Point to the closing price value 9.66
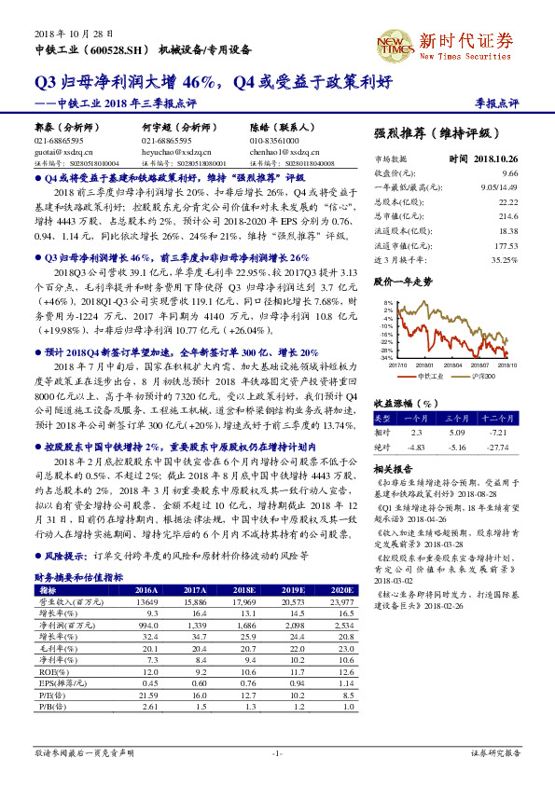pos(509,173)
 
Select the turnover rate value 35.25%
pos(504,258)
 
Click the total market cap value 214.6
pos(507,215)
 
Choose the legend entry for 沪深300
pos(468,375)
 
